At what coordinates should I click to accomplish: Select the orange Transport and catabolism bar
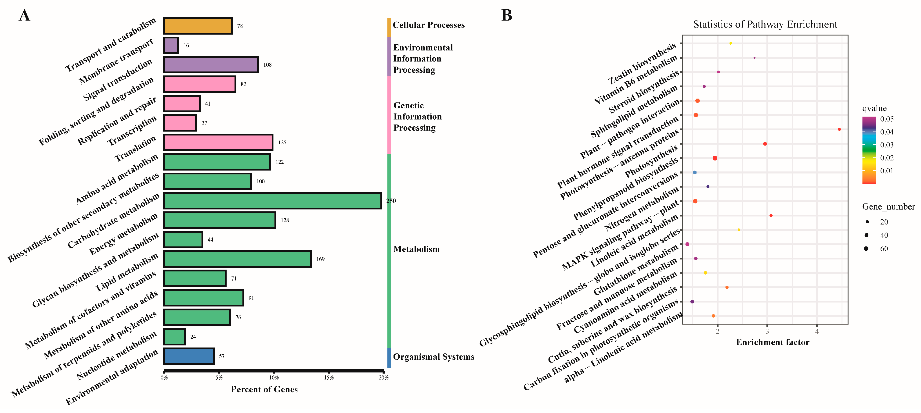198,26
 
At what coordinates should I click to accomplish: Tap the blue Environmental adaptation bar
189,356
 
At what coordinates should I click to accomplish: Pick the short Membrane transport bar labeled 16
171,45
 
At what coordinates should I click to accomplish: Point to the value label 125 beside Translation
282,142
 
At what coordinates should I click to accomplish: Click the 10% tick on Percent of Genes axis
274,377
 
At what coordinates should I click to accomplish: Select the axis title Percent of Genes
264,389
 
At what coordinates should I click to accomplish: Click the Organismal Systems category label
433,356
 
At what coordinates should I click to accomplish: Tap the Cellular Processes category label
428,25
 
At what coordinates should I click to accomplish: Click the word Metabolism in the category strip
416,249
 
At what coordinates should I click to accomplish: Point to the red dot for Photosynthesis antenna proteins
839,129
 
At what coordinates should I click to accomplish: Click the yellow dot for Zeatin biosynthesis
730,43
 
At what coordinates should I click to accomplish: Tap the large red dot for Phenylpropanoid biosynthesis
715,158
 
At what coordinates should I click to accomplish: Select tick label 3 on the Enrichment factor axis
767,331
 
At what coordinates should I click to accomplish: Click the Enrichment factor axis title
773,342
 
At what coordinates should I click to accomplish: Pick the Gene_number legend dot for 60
866,248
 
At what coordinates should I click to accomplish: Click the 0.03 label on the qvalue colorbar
887,145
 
